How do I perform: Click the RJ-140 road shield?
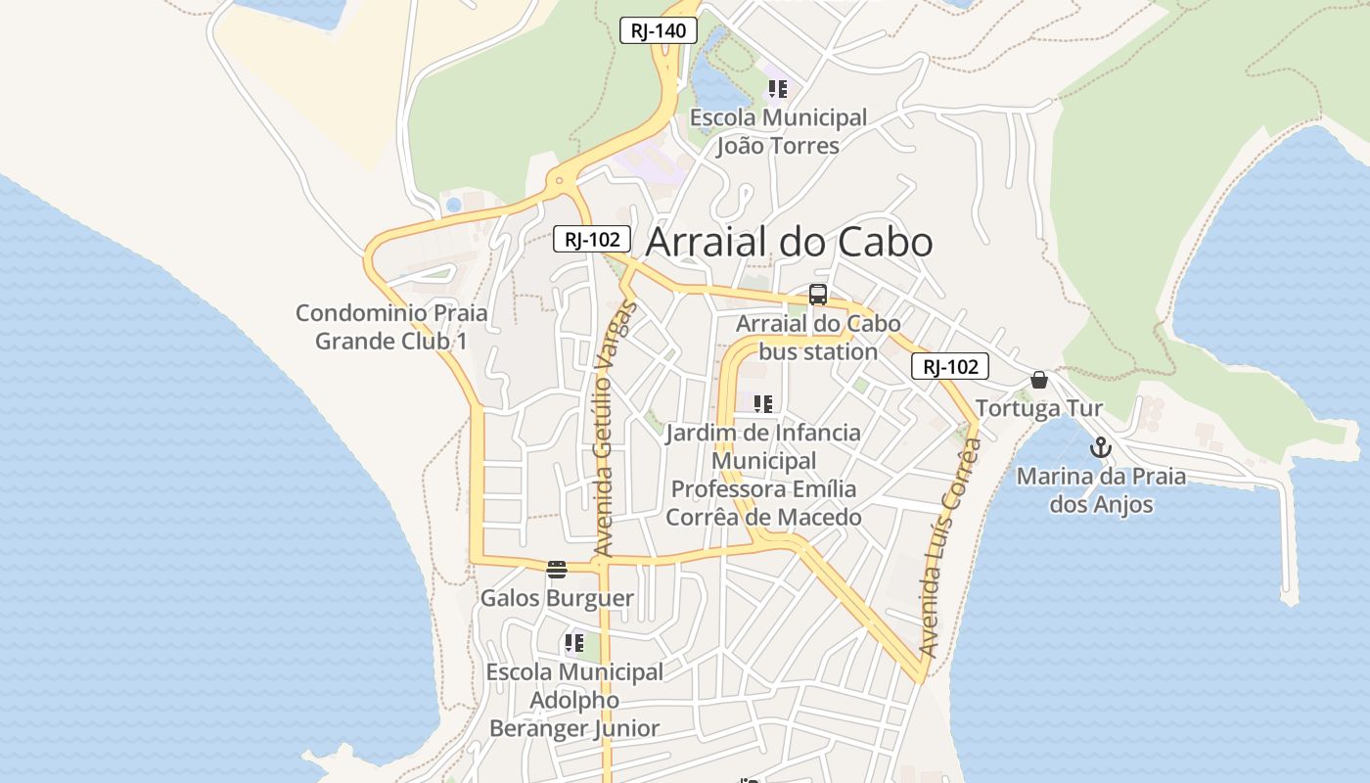[659, 30]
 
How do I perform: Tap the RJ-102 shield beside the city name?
[591, 239]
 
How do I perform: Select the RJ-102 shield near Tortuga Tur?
[950, 367]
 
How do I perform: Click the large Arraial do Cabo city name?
[790, 243]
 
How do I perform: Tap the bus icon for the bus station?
[818, 294]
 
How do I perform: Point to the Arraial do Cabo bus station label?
[818, 338]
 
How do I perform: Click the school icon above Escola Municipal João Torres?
[778, 90]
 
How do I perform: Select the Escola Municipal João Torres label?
[778, 132]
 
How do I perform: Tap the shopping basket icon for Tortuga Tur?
[1039, 380]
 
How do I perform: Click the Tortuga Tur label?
[1039, 408]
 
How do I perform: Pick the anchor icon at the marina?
[1101, 448]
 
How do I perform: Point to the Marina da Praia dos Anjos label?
[1101, 490]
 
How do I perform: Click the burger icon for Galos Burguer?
[557, 570]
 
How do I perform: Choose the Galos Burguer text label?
[557, 598]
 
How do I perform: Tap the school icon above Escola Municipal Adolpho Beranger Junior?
[573, 644]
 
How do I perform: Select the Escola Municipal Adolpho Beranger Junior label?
[574, 701]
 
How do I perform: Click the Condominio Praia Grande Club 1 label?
[391, 327]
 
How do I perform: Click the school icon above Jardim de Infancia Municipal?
[763, 403]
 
